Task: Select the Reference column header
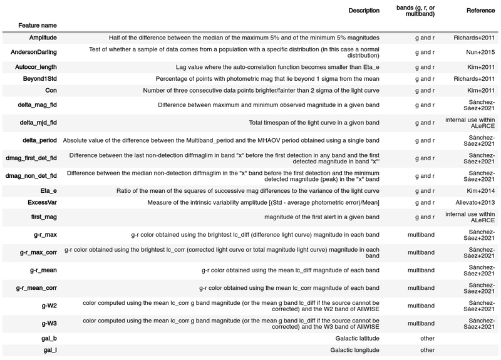(x=481, y=11)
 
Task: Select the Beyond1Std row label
(x=37, y=78)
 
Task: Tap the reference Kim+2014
(x=480, y=190)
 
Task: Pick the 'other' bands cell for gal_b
(x=428, y=337)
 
